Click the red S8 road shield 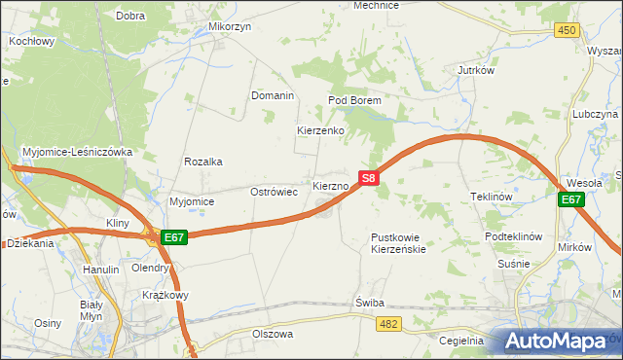click(x=368, y=178)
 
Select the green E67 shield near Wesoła click(x=571, y=199)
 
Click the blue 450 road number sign click(x=568, y=31)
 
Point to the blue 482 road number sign click(x=390, y=323)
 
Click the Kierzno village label click(x=330, y=185)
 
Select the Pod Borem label click(x=353, y=100)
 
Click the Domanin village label click(x=273, y=96)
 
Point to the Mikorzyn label click(x=230, y=27)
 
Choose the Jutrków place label click(x=477, y=70)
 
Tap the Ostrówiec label click(x=275, y=192)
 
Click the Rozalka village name click(x=204, y=162)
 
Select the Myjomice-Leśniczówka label click(x=84, y=152)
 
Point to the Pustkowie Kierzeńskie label click(x=399, y=243)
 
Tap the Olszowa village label click(x=273, y=333)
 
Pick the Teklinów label click(x=492, y=196)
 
